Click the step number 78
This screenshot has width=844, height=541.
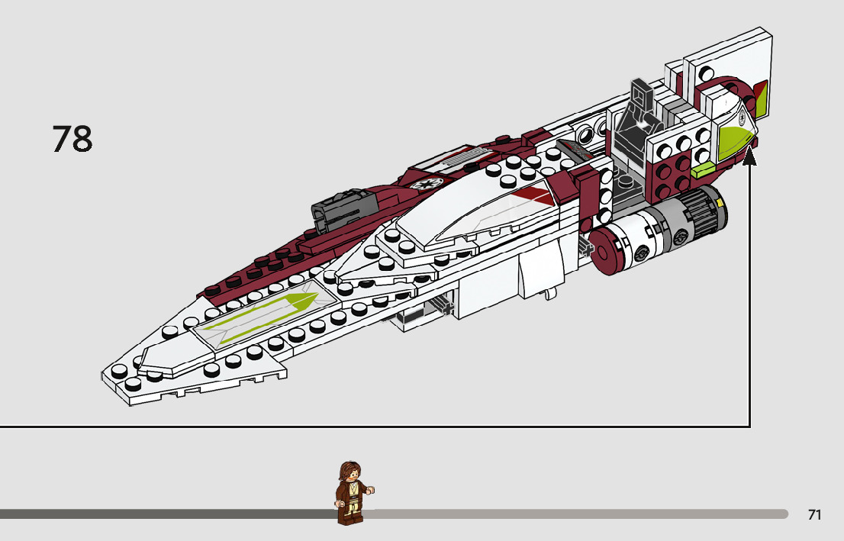pos(72,138)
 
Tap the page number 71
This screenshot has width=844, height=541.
pos(814,515)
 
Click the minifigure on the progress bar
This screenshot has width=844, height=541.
pos(352,494)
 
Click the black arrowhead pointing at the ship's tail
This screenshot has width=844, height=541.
pos(750,156)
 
